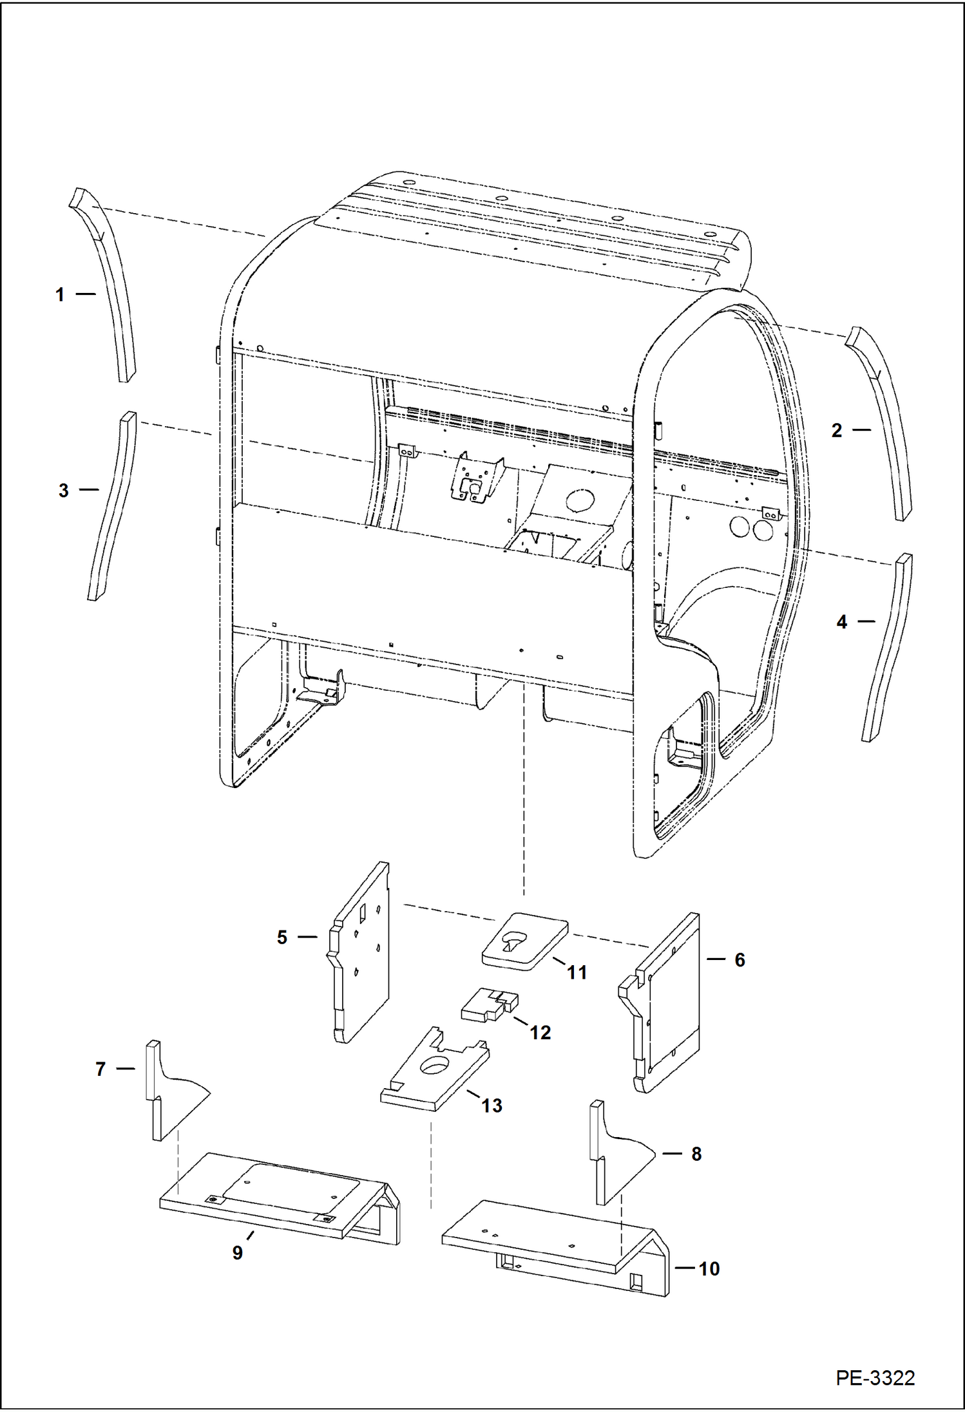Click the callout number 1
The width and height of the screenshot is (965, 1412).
[60, 295]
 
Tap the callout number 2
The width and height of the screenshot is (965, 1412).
[836, 431]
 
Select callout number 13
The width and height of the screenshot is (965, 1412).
[492, 1106]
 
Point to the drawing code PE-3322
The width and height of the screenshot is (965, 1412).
[875, 1378]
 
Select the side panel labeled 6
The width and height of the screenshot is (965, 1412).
[670, 1004]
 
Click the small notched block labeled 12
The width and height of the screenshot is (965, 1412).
[487, 1006]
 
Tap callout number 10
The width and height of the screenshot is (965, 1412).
[709, 1269]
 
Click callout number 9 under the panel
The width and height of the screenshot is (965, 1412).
[238, 1253]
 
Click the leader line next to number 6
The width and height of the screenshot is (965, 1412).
[716, 959]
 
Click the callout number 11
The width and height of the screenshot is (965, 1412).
[577, 973]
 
